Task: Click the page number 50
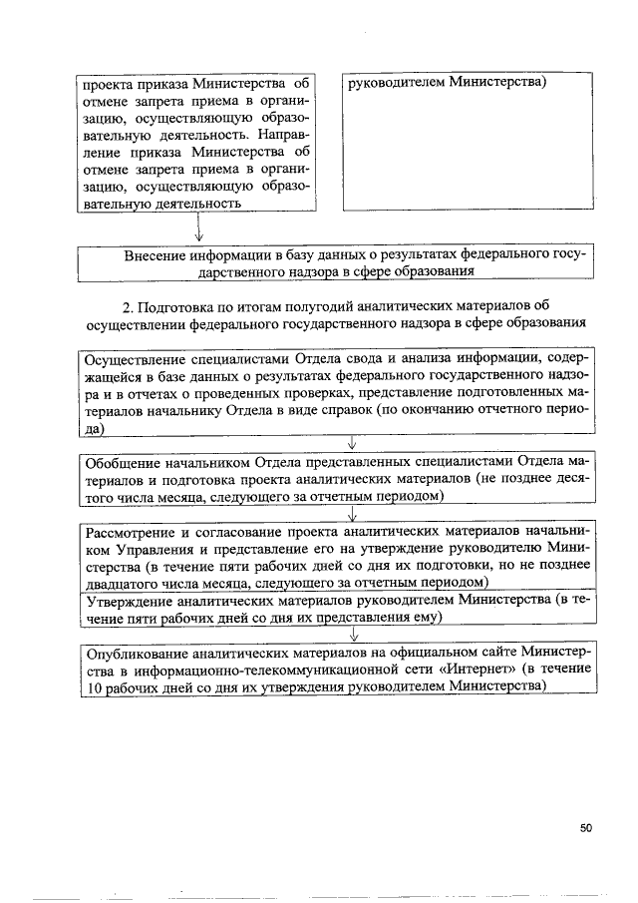click(585, 828)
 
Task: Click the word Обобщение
click(124, 462)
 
